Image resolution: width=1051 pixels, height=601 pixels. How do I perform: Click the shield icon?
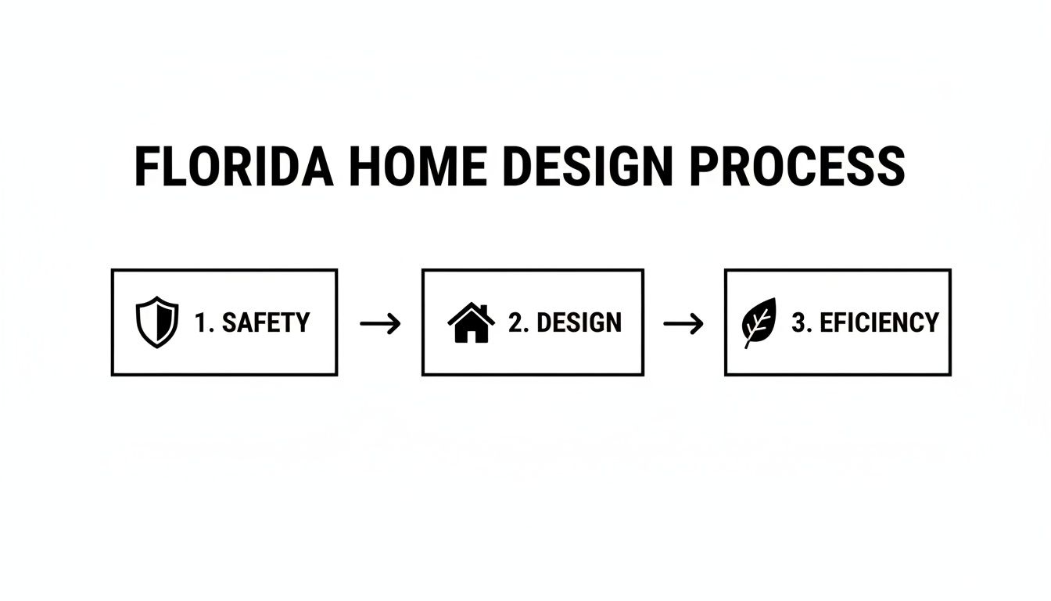click(x=157, y=322)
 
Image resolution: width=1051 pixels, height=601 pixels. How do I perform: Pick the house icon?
click(x=471, y=322)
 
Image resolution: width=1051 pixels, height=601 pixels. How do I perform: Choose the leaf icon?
click(x=759, y=322)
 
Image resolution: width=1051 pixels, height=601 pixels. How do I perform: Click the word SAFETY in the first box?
click(x=266, y=322)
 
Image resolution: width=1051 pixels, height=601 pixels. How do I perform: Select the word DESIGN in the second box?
click(x=579, y=322)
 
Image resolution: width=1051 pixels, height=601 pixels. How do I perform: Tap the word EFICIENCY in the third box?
click(x=879, y=322)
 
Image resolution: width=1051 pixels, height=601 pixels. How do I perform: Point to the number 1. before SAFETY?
click(x=204, y=322)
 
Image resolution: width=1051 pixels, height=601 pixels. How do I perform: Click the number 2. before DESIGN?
click(x=518, y=322)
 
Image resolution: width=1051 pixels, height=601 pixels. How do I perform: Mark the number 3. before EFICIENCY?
click(x=802, y=322)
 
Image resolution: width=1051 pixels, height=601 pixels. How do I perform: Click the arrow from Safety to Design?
click(x=380, y=322)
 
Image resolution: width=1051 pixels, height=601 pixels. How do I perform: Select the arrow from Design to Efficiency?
click(x=683, y=322)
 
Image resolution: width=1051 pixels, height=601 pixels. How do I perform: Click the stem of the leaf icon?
click(x=748, y=341)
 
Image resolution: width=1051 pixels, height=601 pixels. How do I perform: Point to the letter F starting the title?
click(x=147, y=166)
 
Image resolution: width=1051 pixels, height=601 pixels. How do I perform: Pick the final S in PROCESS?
click(x=891, y=166)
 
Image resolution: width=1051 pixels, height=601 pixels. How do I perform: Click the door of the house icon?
click(x=471, y=335)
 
